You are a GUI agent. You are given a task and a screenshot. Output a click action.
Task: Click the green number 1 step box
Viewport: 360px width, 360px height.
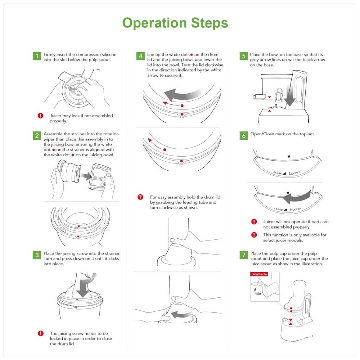[x=37, y=56]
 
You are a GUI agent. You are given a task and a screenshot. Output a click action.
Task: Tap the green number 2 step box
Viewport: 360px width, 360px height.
[x=37, y=136]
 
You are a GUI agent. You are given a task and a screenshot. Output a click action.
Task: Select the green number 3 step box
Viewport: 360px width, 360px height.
[x=37, y=255]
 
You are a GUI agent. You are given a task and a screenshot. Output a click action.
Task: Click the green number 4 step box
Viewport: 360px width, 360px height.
[x=140, y=56]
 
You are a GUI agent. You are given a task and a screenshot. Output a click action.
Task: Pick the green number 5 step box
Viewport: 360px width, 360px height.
[x=243, y=56]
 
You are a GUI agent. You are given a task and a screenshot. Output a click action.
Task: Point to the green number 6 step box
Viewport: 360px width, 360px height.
[x=243, y=136]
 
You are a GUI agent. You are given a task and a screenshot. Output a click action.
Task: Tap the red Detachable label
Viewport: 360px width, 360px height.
[x=259, y=274]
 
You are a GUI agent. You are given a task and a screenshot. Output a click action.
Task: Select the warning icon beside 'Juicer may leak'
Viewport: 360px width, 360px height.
[x=40, y=116]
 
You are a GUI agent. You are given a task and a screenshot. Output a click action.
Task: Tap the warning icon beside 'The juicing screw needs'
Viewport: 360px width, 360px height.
[x=41, y=333]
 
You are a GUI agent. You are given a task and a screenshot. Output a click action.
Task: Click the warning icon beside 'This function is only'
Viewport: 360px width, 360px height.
[x=254, y=235]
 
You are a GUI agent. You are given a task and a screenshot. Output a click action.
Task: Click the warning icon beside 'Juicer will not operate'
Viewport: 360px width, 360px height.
[x=254, y=222]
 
